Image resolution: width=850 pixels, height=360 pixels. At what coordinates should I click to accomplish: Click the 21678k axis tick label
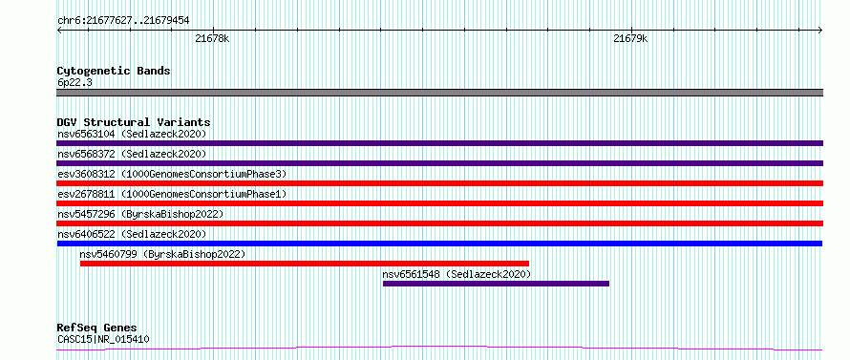pos(212,39)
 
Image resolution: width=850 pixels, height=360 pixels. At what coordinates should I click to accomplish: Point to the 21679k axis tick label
pos(630,39)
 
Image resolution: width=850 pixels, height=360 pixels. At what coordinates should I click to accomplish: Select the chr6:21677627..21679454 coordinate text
pos(123,21)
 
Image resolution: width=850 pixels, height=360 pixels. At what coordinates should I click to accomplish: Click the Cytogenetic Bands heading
pos(114,71)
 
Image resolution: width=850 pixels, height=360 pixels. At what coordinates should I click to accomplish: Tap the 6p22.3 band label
pos(74,82)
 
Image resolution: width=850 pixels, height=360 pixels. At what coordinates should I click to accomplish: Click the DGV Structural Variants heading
pos(134,122)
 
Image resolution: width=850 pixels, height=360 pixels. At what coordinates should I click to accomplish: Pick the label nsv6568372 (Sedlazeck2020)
pos(132,154)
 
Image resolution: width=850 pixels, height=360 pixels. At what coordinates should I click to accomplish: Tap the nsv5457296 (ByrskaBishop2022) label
pos(140,214)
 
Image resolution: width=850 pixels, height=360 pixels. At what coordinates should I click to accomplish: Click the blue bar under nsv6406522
pos(439,244)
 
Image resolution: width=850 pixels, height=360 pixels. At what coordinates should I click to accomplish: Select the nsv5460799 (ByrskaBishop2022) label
pos(162,254)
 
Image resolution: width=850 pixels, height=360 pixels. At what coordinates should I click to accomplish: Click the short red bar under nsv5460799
pos(305,264)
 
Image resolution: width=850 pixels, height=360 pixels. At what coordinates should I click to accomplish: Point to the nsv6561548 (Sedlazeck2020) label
pos(457,274)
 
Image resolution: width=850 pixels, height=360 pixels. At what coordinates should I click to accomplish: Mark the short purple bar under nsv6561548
pos(496,284)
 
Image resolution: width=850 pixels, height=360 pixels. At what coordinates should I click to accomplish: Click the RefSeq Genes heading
pos(97,328)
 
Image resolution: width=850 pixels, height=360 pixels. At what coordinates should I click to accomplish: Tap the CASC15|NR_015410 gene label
pos(103,339)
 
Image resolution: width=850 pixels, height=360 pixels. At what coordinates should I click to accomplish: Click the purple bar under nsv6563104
pos(439,143)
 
